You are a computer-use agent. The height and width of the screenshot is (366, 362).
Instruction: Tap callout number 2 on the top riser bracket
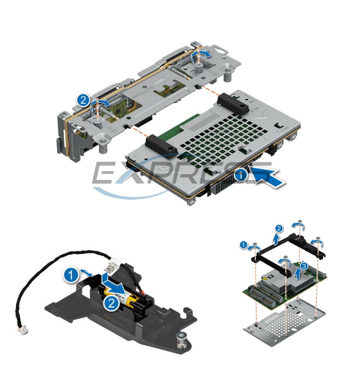[x=83, y=100]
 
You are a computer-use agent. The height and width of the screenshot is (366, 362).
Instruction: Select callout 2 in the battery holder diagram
[x=111, y=304]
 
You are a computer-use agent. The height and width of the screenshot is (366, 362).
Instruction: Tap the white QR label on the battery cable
[x=110, y=267]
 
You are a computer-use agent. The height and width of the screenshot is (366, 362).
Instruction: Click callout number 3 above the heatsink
[x=304, y=266]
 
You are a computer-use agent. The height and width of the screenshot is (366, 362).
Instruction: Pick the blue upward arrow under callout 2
[x=276, y=239]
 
